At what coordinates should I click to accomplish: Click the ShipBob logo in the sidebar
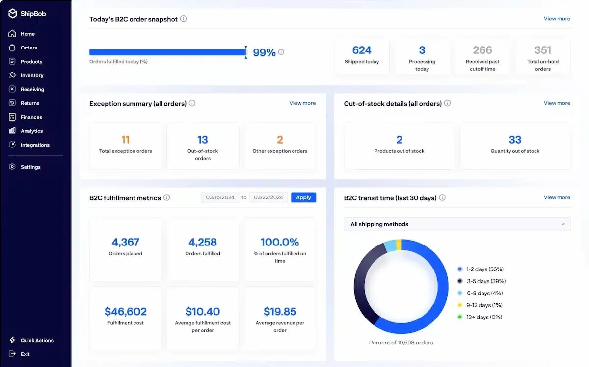(27, 13)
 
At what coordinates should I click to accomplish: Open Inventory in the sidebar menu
(32, 75)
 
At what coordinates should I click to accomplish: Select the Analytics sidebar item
(31, 131)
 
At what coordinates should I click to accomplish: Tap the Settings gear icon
(12, 167)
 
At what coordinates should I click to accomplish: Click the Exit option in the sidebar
(25, 354)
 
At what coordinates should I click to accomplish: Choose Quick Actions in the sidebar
(37, 340)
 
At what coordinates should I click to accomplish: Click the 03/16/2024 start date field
(220, 197)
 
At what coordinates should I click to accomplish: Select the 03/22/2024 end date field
(268, 197)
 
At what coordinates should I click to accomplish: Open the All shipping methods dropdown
(457, 224)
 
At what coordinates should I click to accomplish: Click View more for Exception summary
(302, 103)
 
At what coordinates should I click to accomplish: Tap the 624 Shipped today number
(362, 50)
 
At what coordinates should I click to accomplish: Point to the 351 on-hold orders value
(543, 50)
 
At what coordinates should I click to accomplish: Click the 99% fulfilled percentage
(264, 52)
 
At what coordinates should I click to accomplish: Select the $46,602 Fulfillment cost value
(126, 311)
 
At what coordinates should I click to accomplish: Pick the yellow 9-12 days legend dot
(460, 305)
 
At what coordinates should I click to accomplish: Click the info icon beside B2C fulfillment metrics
(167, 197)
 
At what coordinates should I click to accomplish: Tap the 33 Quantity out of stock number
(515, 140)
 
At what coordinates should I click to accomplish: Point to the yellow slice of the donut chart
(399, 245)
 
